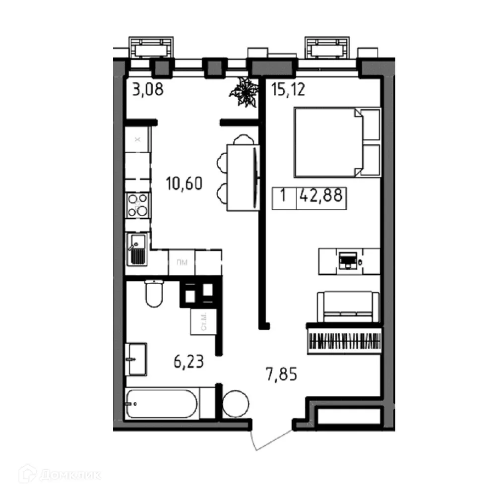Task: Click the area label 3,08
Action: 147,91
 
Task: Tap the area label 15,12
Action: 288,90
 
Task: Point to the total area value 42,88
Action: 320,195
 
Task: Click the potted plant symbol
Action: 245,93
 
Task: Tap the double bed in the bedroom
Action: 337,142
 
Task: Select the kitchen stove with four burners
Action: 137,205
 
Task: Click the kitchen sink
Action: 136,249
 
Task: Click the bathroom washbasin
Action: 135,358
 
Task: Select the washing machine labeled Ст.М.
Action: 202,323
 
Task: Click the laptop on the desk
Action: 347,260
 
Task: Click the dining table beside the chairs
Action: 243,177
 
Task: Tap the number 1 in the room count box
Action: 283,195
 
